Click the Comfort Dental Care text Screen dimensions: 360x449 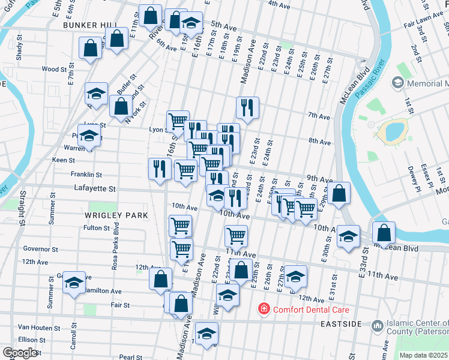click(x=310, y=310)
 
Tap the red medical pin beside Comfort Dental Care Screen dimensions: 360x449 click(x=263, y=310)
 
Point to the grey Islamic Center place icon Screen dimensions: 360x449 click(x=377, y=326)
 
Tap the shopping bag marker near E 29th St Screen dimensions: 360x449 click(x=339, y=193)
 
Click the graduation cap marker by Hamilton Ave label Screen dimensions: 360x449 click(x=74, y=282)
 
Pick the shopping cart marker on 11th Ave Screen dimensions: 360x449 click(x=237, y=235)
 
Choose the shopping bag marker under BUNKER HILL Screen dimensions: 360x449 click(x=90, y=49)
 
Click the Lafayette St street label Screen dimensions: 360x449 click(x=94, y=188)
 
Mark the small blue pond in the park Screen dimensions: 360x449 click(x=394, y=130)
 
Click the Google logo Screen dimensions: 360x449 click(x=20, y=353)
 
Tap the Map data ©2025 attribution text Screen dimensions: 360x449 click(x=423, y=355)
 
